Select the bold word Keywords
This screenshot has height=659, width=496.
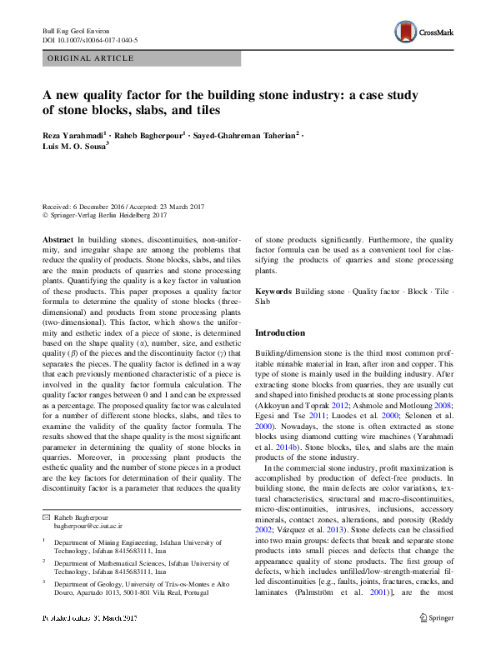pyautogui.click(x=273, y=292)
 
